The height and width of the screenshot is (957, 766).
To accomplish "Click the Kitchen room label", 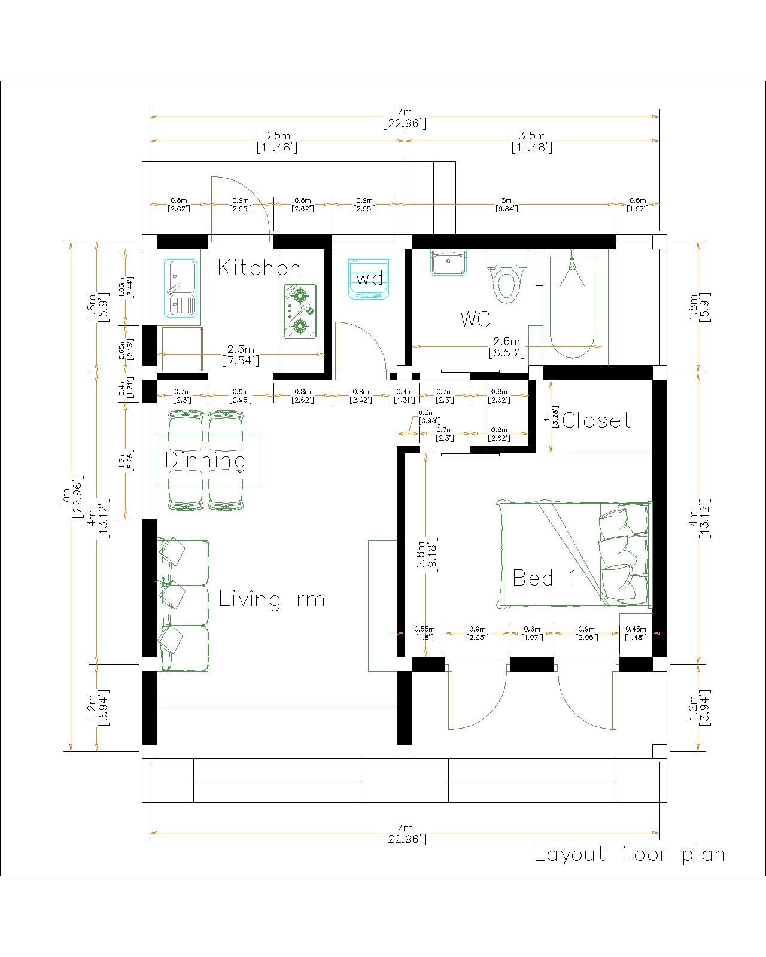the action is [x=259, y=268].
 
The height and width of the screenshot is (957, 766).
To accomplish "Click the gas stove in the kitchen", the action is [x=300, y=311].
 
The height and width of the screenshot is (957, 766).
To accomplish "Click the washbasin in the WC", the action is [x=448, y=262].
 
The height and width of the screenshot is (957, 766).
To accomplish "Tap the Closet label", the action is [x=597, y=420].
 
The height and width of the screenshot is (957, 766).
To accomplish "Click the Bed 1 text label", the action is [x=545, y=578].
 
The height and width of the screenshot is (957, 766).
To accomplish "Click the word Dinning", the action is [x=205, y=461].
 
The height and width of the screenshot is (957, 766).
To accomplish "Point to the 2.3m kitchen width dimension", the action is [x=241, y=355].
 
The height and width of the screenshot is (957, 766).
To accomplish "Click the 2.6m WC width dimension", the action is [x=506, y=347].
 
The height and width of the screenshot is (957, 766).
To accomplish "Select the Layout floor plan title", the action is [x=630, y=854].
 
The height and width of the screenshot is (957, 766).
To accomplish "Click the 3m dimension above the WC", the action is [x=506, y=204].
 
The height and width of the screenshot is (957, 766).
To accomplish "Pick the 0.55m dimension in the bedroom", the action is [x=424, y=633].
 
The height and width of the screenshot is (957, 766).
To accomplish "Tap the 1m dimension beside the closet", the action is [x=551, y=416].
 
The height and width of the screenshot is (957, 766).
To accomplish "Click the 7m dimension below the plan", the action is [x=405, y=833].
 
